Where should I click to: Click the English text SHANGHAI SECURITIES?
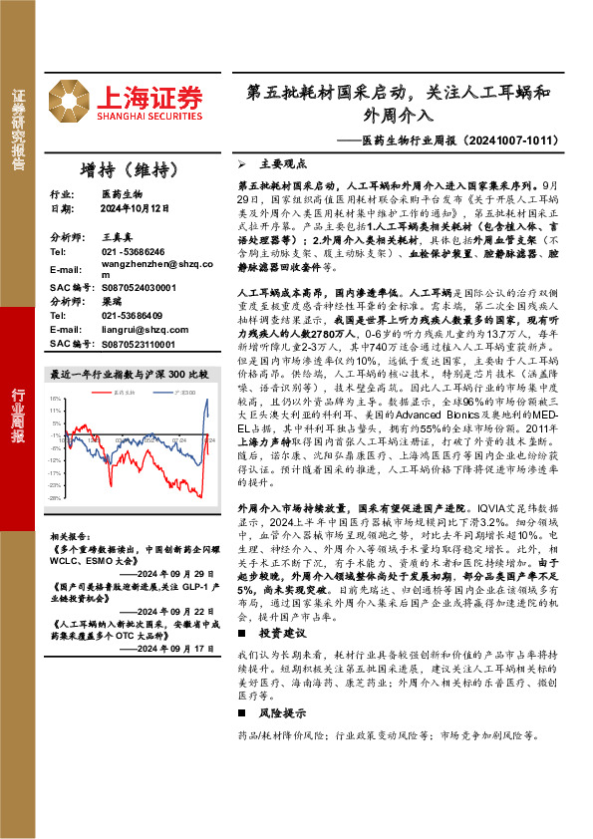click(150, 117)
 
